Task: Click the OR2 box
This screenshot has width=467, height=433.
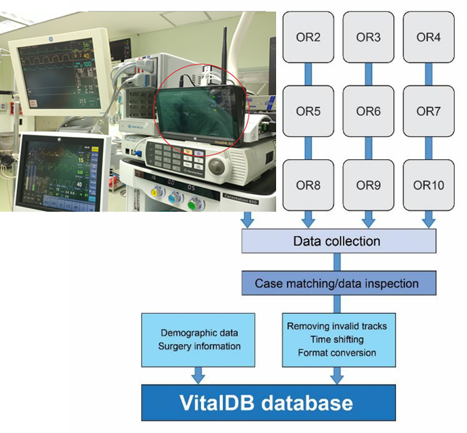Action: (x=309, y=37)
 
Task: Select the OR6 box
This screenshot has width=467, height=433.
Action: (x=369, y=110)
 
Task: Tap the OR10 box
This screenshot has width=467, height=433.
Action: (x=429, y=185)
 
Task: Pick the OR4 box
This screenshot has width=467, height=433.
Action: (x=429, y=37)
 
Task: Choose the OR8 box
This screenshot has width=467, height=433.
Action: (x=309, y=185)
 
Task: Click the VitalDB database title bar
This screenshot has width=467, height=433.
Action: (x=269, y=402)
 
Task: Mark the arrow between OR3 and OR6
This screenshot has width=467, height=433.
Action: (x=369, y=73)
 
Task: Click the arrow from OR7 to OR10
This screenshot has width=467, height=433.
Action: (x=429, y=147)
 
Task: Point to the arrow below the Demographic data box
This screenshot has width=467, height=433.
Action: (x=198, y=372)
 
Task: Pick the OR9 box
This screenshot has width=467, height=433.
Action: (x=369, y=185)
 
